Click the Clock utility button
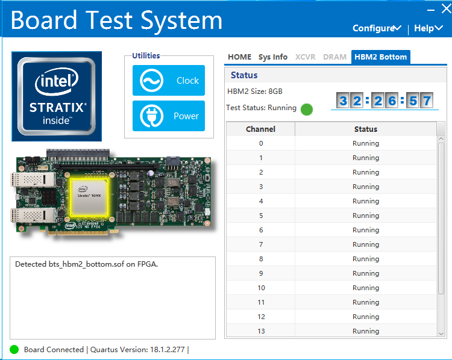point(169,81)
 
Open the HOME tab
point(239,57)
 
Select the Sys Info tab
point(273,57)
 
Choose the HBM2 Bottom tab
point(380,57)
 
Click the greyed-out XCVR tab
point(305,57)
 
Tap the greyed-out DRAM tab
point(334,57)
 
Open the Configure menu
point(377,28)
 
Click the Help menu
point(428,28)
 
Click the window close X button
point(446,8)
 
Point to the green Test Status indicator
point(307,109)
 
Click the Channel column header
point(260,129)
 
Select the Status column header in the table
point(365,129)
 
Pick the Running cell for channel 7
point(365,244)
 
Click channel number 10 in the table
point(260,288)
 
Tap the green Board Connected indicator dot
point(14,349)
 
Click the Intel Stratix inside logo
point(57,93)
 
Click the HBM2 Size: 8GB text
point(254,92)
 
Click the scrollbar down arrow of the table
point(441,332)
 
